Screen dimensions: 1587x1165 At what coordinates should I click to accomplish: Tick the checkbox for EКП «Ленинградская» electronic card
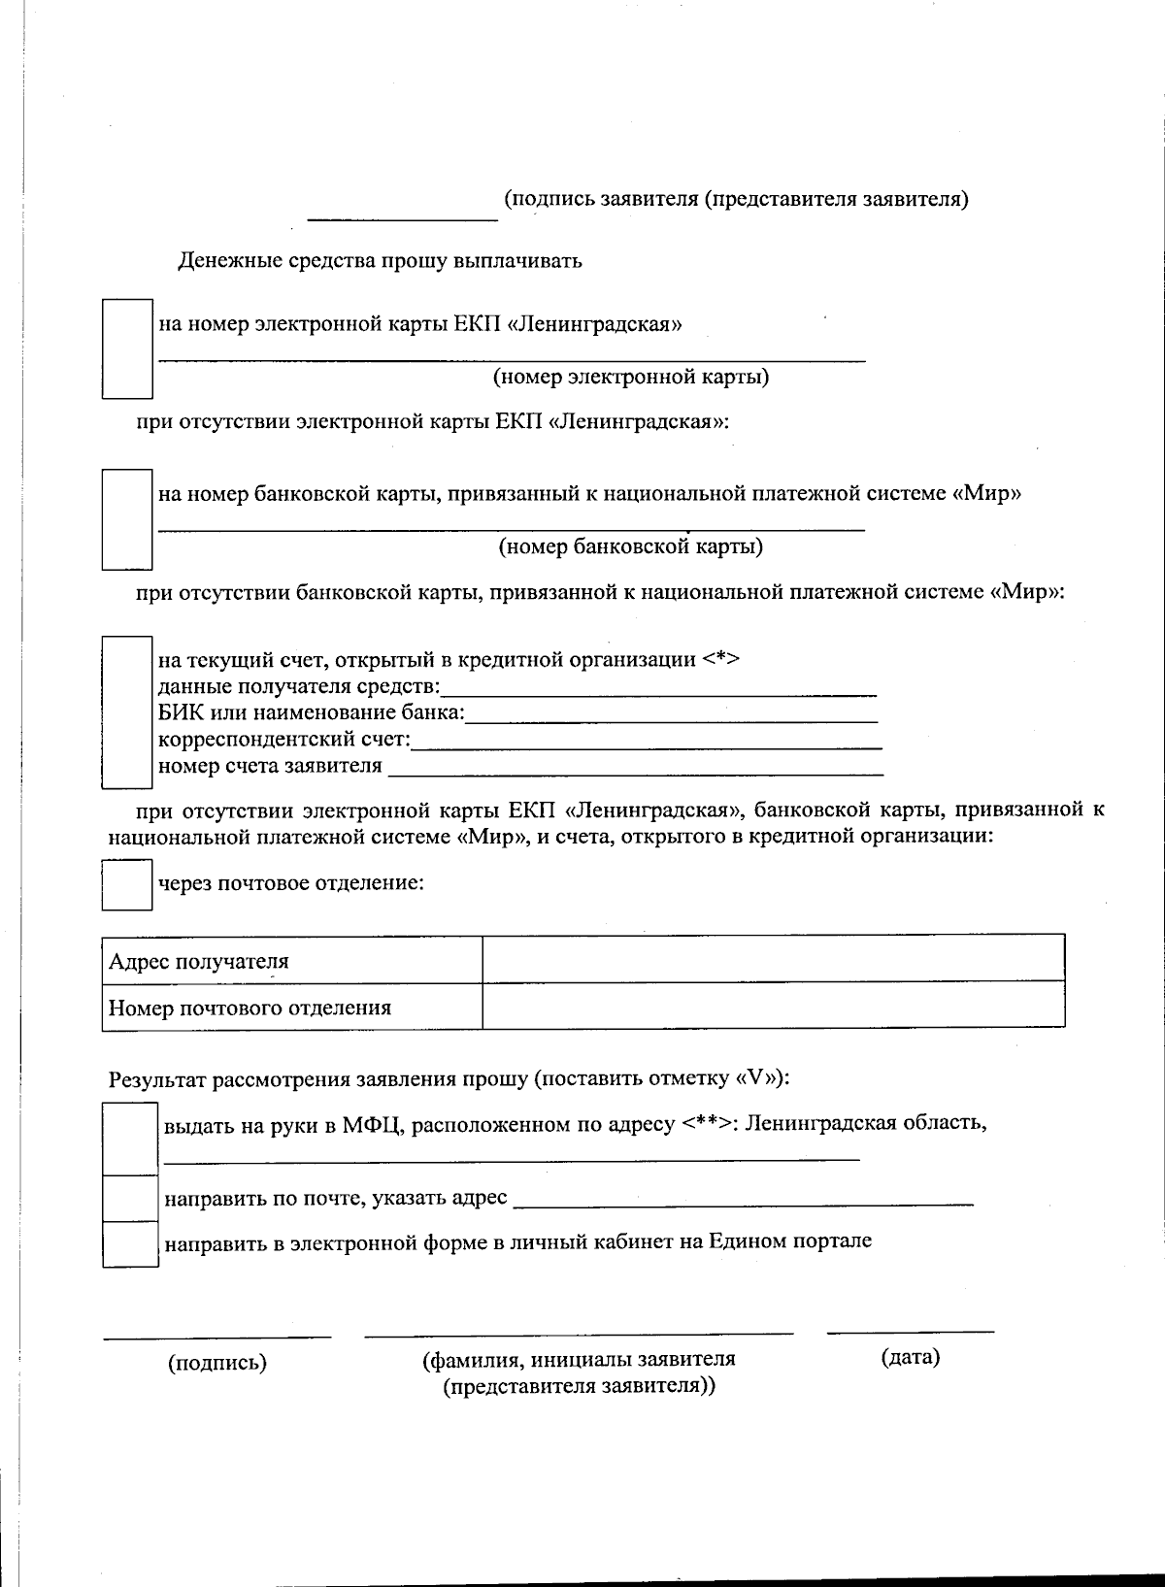click(x=128, y=348)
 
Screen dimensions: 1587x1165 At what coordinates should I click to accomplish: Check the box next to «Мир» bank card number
click(x=128, y=519)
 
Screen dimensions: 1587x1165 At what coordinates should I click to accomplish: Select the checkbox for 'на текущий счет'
click(x=128, y=711)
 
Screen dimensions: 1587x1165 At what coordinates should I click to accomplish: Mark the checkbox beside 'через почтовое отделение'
click(x=127, y=884)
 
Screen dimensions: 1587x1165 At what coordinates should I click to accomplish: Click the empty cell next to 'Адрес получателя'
click(x=773, y=959)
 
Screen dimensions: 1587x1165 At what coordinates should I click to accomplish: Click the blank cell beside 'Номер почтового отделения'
click(x=773, y=1005)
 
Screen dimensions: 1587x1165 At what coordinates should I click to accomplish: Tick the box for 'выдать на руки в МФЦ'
click(x=131, y=1139)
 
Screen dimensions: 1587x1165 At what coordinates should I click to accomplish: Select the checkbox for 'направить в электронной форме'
click(x=131, y=1243)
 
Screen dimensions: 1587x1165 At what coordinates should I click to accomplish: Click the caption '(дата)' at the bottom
click(x=910, y=1357)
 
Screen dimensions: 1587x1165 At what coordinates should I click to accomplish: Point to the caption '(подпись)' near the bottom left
click(x=217, y=1363)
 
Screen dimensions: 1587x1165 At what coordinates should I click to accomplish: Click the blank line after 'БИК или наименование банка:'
click(x=672, y=716)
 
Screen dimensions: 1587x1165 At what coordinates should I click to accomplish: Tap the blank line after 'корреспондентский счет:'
click(x=647, y=743)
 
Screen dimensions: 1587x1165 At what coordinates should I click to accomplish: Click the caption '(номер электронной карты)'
click(x=631, y=377)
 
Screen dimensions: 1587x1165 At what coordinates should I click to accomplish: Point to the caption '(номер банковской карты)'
click(x=631, y=546)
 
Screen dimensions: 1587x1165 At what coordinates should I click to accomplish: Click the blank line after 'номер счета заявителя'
click(x=635, y=769)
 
